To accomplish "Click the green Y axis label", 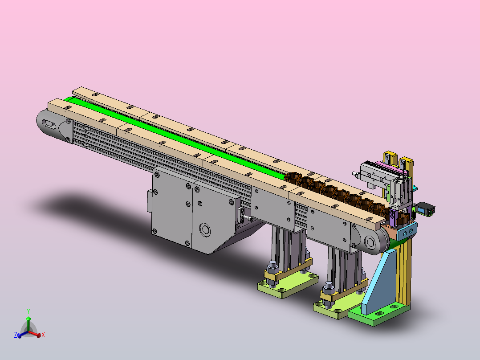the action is point(28,311).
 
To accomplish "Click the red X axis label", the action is point(43,335).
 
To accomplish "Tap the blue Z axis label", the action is point(16,335).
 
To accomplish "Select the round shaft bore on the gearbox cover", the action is point(205,229).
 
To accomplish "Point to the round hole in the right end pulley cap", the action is point(371,243).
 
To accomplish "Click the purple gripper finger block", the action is point(392,217).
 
